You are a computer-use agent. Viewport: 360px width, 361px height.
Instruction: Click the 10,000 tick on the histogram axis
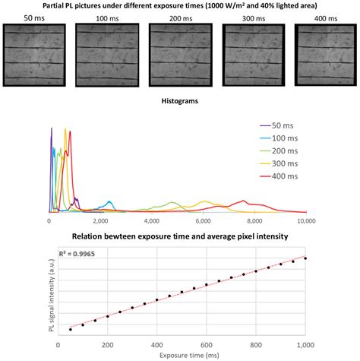click(x=306, y=222)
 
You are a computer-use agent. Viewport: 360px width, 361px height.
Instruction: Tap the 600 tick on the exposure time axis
click(x=206, y=344)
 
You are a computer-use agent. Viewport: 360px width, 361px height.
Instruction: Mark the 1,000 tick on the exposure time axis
click(x=305, y=344)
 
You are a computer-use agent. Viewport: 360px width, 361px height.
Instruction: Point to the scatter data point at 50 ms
click(x=71, y=329)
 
